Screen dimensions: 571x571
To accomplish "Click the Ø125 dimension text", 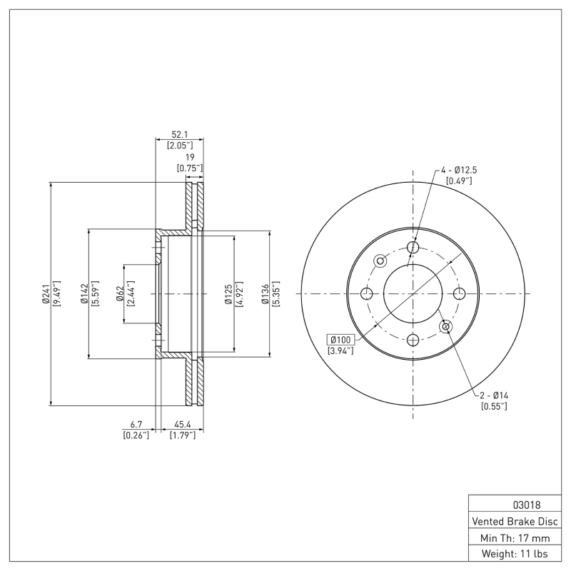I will (228, 293).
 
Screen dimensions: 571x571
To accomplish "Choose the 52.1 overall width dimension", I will (179, 133).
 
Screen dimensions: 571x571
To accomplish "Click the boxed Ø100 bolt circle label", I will (340, 339).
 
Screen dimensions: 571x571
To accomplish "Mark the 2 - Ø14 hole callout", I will (493, 395).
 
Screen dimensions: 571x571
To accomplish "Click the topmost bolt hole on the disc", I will (413, 247).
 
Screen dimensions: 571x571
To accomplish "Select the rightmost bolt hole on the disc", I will (459, 293).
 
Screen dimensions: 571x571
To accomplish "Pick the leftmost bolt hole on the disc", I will (367, 293).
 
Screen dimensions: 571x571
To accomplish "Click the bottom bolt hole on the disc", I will (413, 340).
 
